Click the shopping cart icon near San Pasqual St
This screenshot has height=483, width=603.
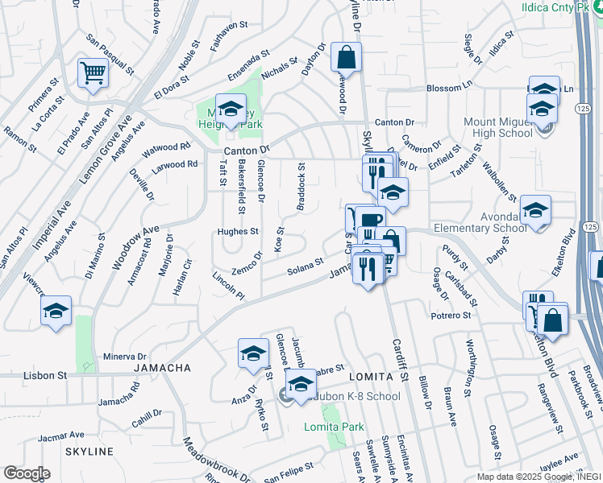94,73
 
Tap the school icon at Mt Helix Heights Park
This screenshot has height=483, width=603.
231,109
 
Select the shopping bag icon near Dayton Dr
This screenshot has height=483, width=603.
346,58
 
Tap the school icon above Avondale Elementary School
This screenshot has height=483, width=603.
535,210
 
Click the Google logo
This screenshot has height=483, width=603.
27,473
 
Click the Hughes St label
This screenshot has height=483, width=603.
237,232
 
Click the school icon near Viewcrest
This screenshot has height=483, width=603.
56,311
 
